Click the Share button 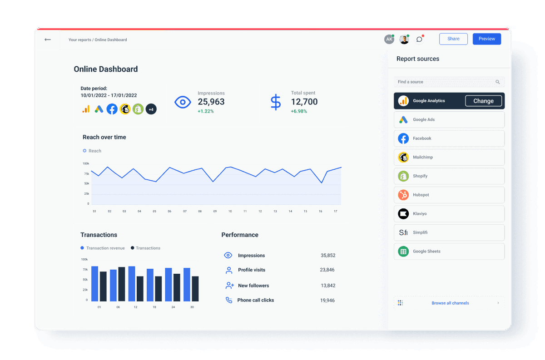click(453, 39)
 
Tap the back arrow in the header click(48, 39)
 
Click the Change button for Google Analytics click(483, 101)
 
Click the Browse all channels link click(450, 303)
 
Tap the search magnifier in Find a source click(498, 82)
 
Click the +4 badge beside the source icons click(151, 109)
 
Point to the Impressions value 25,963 click(211, 102)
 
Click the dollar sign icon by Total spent click(275, 102)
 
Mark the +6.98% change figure click(299, 111)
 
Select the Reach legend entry click(92, 151)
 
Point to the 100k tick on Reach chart click(86, 163)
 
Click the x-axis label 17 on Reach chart click(335, 212)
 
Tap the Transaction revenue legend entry click(103, 248)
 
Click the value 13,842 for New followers click(328, 286)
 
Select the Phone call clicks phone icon click(229, 300)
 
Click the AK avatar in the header click(389, 39)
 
